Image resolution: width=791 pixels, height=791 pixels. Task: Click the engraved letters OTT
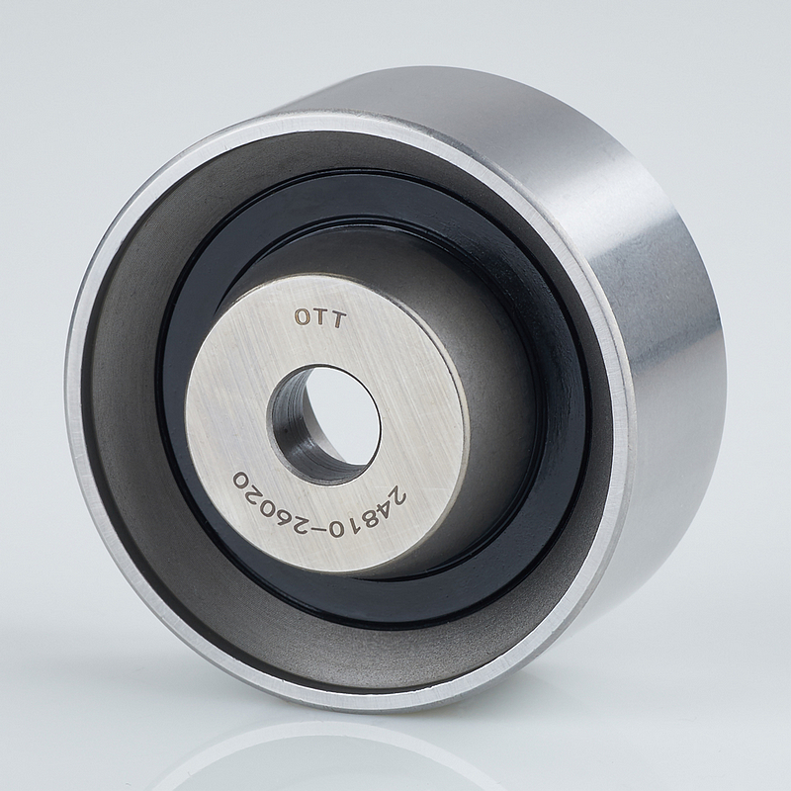click(320, 318)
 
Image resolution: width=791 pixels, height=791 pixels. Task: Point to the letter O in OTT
click(303, 316)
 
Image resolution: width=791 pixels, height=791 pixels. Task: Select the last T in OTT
click(338, 320)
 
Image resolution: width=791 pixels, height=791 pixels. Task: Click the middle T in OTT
click(320, 318)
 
